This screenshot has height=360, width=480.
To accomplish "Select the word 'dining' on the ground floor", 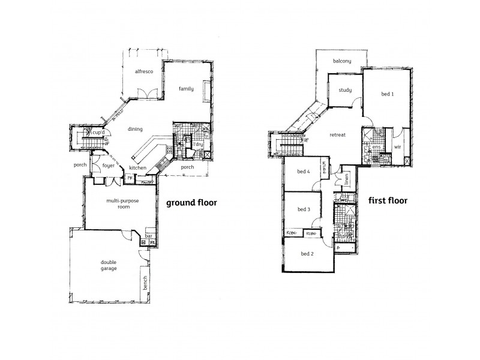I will [134, 129].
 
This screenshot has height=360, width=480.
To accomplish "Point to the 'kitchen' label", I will [138, 167].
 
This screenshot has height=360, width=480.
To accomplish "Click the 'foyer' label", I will [109, 165].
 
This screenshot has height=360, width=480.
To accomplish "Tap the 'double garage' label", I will [109, 265].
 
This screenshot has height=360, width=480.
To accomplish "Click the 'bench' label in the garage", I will [145, 282].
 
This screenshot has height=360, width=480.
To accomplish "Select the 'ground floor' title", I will [191, 203].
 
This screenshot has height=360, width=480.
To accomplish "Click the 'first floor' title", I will [388, 201].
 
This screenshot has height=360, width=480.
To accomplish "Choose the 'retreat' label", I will [337, 135].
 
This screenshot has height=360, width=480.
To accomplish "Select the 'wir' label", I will [397, 146].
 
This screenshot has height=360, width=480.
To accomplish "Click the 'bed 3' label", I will [304, 209].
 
